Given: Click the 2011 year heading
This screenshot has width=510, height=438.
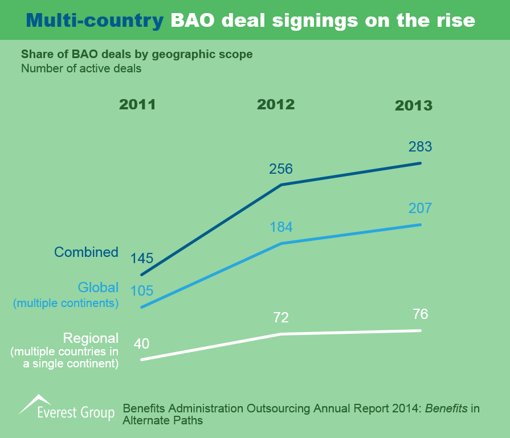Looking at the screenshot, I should tap(137, 105).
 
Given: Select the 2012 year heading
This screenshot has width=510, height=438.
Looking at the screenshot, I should tap(276, 105).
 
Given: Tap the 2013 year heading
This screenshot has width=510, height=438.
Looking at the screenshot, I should tap(414, 106).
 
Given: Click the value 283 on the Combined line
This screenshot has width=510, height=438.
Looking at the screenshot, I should tap(421, 147).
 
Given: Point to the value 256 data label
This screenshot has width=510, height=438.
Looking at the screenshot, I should tap(280, 169).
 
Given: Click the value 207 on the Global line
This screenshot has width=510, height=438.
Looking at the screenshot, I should tap(421, 208).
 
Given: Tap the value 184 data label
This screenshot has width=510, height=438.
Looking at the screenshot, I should tap(280, 227).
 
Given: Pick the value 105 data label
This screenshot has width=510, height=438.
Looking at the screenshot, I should tap(142, 291).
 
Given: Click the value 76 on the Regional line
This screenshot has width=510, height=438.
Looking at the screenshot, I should tap(421, 314).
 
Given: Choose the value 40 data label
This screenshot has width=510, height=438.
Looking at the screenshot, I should tap(142, 344).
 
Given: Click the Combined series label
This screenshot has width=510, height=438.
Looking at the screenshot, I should tap(86, 252).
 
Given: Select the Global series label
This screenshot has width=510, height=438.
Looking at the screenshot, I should tap(98, 288).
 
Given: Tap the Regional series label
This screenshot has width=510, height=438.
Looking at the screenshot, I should tap(91, 338).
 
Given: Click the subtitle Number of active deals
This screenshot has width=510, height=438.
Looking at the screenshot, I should tap(81, 68).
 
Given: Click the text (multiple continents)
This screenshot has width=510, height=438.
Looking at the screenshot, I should tap(66, 303).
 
